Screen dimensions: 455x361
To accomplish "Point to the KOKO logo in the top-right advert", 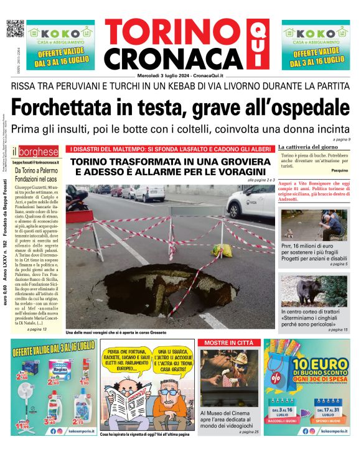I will (x=311, y=33).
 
